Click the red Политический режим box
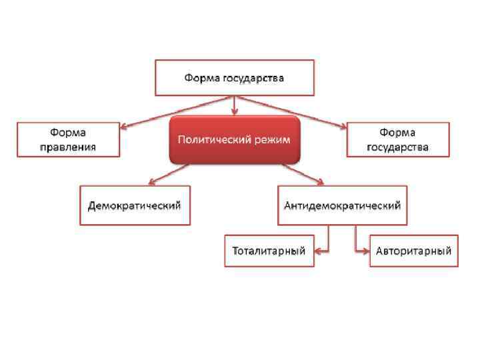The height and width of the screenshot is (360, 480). (x=234, y=140)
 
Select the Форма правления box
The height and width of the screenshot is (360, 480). (x=68, y=139)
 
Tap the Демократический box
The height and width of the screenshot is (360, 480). (x=135, y=205)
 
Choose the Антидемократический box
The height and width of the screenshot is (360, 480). (x=342, y=205)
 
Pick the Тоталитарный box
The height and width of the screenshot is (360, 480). (x=269, y=251)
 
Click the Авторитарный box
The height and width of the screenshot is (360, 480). (x=413, y=251)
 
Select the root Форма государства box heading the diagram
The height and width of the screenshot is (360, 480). (x=234, y=77)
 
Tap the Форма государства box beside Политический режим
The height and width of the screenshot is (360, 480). (x=397, y=139)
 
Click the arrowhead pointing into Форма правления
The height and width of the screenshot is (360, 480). (x=125, y=125)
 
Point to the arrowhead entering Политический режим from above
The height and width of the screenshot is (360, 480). (x=234, y=111)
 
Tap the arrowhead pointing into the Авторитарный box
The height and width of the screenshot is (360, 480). (x=365, y=251)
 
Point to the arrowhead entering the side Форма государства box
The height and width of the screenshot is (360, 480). (x=343, y=125)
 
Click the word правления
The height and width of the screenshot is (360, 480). (x=68, y=147)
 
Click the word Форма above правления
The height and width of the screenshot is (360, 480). (x=68, y=133)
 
